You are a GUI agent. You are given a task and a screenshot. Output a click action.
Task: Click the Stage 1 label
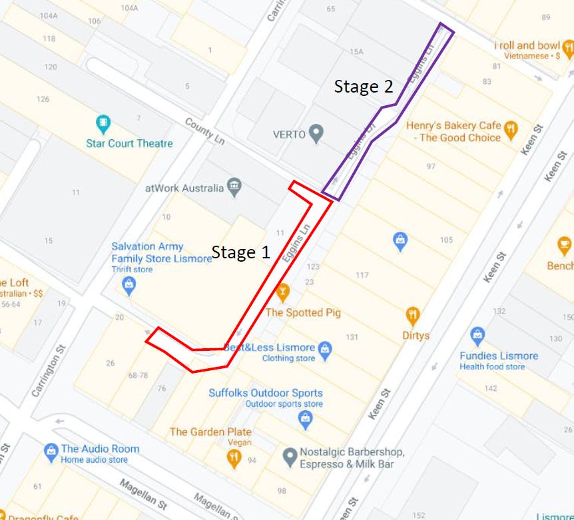coord(241,252)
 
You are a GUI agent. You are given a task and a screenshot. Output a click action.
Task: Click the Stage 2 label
coord(363,87)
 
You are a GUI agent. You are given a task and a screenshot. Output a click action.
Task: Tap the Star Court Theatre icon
coord(103,123)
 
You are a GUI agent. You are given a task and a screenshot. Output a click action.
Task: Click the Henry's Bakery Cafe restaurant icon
coord(511,129)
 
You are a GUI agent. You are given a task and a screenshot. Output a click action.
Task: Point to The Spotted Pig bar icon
coord(282,292)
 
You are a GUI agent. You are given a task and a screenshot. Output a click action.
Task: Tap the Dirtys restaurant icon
coord(413,315)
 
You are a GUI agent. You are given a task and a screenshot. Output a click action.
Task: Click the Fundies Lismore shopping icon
coord(477,336)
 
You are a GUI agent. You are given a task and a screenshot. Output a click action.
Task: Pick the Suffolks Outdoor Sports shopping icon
coord(305,419)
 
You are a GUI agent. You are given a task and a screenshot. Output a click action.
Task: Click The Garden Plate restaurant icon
coord(233,457)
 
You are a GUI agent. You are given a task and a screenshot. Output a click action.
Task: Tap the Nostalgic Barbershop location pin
coord(290,457)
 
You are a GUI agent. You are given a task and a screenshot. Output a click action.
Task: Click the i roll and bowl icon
coord(567,47)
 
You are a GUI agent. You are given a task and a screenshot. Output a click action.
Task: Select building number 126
coord(43,99)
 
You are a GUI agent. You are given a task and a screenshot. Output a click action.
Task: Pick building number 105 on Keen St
coord(446,240)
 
